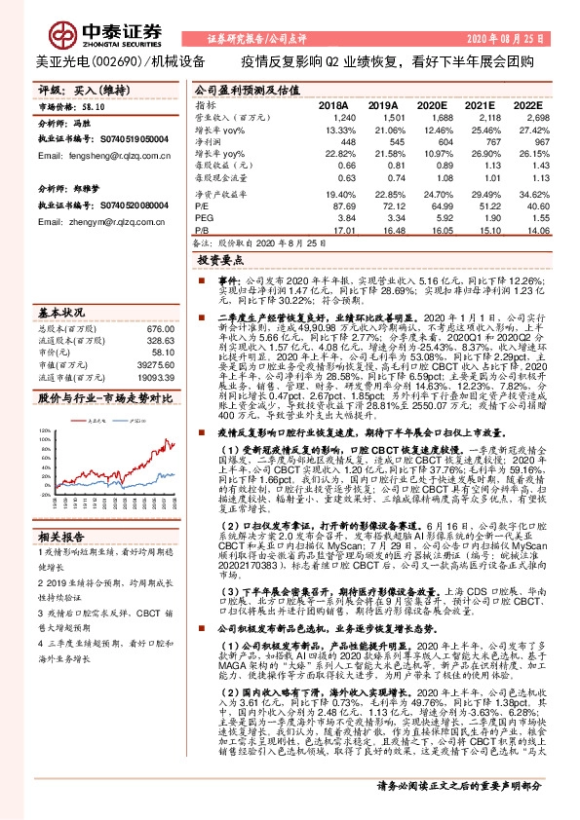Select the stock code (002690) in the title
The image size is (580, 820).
pyautogui.click(x=95, y=60)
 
